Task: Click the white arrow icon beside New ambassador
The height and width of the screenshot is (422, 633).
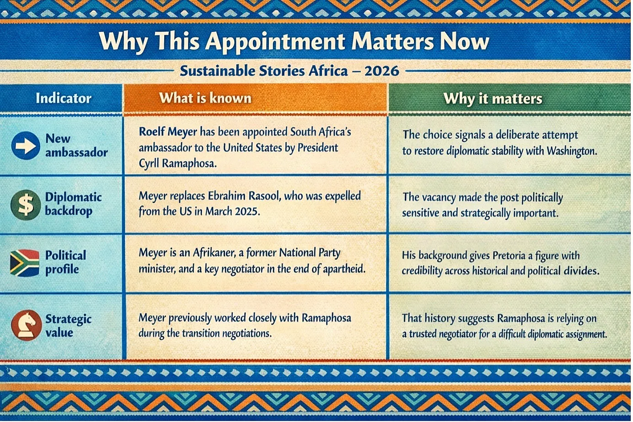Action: pyautogui.click(x=26, y=146)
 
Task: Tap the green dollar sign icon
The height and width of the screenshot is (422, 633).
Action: pyautogui.click(x=26, y=205)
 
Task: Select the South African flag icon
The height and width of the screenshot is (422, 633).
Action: pyautogui.click(x=25, y=263)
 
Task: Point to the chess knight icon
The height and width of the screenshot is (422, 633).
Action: pyautogui.click(x=26, y=325)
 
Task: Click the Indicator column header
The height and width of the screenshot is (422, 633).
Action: pyautogui.click(x=64, y=98)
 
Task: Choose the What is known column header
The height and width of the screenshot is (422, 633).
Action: pyautogui.click(x=205, y=98)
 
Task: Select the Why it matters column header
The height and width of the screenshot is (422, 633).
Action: pyautogui.click(x=493, y=99)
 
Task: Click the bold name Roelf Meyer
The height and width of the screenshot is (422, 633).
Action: pyautogui.click(x=168, y=132)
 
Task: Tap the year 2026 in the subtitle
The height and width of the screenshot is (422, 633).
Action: pyautogui.click(x=382, y=70)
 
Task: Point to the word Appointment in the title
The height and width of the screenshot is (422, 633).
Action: pyautogui.click(x=275, y=41)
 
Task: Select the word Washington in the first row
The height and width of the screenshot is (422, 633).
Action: pyautogui.click(x=572, y=151)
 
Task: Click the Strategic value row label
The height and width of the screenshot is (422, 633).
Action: pyautogui.click(x=69, y=325)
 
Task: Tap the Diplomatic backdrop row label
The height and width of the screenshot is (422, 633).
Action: pyautogui.click(x=73, y=204)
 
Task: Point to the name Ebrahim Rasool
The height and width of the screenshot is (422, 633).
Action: pyautogui.click(x=244, y=196)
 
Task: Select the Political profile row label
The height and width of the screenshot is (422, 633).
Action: pyautogui.click(x=65, y=262)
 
